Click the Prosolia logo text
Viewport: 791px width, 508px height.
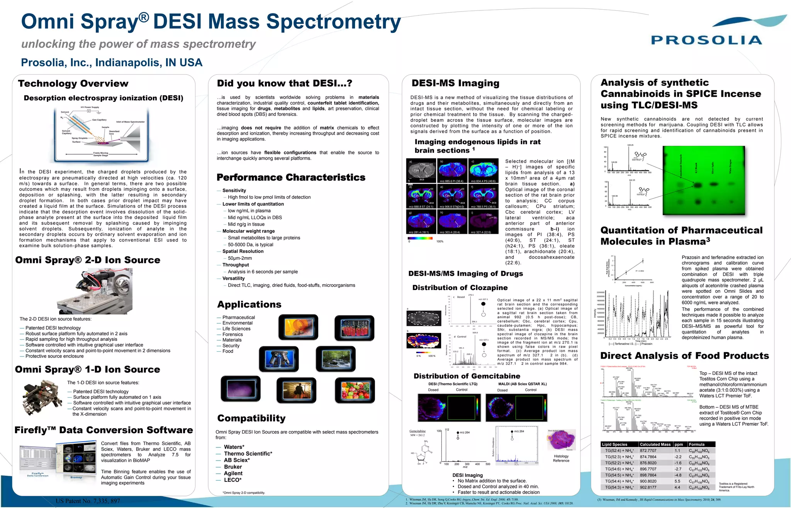706,41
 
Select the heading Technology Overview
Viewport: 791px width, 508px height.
73,84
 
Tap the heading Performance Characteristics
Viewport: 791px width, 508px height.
291,177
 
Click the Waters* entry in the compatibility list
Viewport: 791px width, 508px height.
234,447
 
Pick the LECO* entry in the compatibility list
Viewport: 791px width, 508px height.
233,480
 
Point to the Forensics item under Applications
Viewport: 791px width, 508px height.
233,334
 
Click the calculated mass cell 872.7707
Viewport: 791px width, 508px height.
648,451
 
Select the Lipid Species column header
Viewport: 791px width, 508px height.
614,444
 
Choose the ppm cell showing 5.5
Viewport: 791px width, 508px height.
677,481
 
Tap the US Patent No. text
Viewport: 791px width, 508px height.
88,501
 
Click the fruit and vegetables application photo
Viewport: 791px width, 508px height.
355,390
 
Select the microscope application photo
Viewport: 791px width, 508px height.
279,359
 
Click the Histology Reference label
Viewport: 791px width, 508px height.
561,458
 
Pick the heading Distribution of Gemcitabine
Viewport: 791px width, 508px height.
467,376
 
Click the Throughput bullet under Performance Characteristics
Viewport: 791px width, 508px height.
236,265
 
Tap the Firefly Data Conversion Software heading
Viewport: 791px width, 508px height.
104,430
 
